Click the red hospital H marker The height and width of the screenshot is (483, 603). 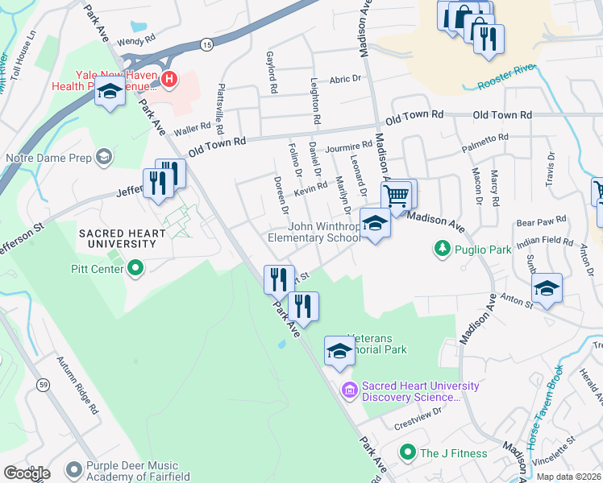pyautogui.click(x=169, y=78)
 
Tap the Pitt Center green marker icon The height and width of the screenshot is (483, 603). pyautogui.click(x=135, y=266)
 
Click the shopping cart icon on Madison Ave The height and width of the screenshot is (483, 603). pyautogui.click(x=396, y=195)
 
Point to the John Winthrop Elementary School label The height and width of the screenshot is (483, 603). pyautogui.click(x=314, y=233)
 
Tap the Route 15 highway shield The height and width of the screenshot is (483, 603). pyautogui.click(x=207, y=45)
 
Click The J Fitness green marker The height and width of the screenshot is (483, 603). pyautogui.click(x=408, y=453)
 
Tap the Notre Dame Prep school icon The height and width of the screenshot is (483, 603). pyautogui.click(x=103, y=156)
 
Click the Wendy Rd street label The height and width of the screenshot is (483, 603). pyautogui.click(x=135, y=40)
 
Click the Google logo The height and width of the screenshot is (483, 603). pyautogui.click(x=26, y=473)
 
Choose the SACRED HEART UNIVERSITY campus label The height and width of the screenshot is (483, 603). pyautogui.click(x=122, y=240)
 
